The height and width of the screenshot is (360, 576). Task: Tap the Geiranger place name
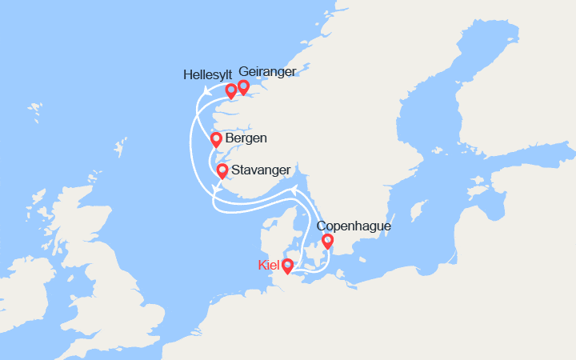point(267,71)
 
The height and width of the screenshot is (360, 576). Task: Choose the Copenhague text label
point(354,226)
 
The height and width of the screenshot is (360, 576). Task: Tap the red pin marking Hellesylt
point(230,90)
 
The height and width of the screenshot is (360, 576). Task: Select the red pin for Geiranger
point(243,87)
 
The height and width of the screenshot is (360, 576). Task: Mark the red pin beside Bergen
point(215,140)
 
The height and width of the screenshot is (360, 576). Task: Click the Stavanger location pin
point(222,170)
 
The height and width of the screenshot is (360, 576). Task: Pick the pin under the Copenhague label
point(326,241)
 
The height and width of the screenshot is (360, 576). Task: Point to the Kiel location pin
point(286,266)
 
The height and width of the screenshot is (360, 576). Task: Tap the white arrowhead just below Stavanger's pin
point(216,189)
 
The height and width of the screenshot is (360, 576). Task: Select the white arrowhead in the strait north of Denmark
point(294,189)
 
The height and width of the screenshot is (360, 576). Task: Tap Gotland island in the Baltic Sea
point(417,212)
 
